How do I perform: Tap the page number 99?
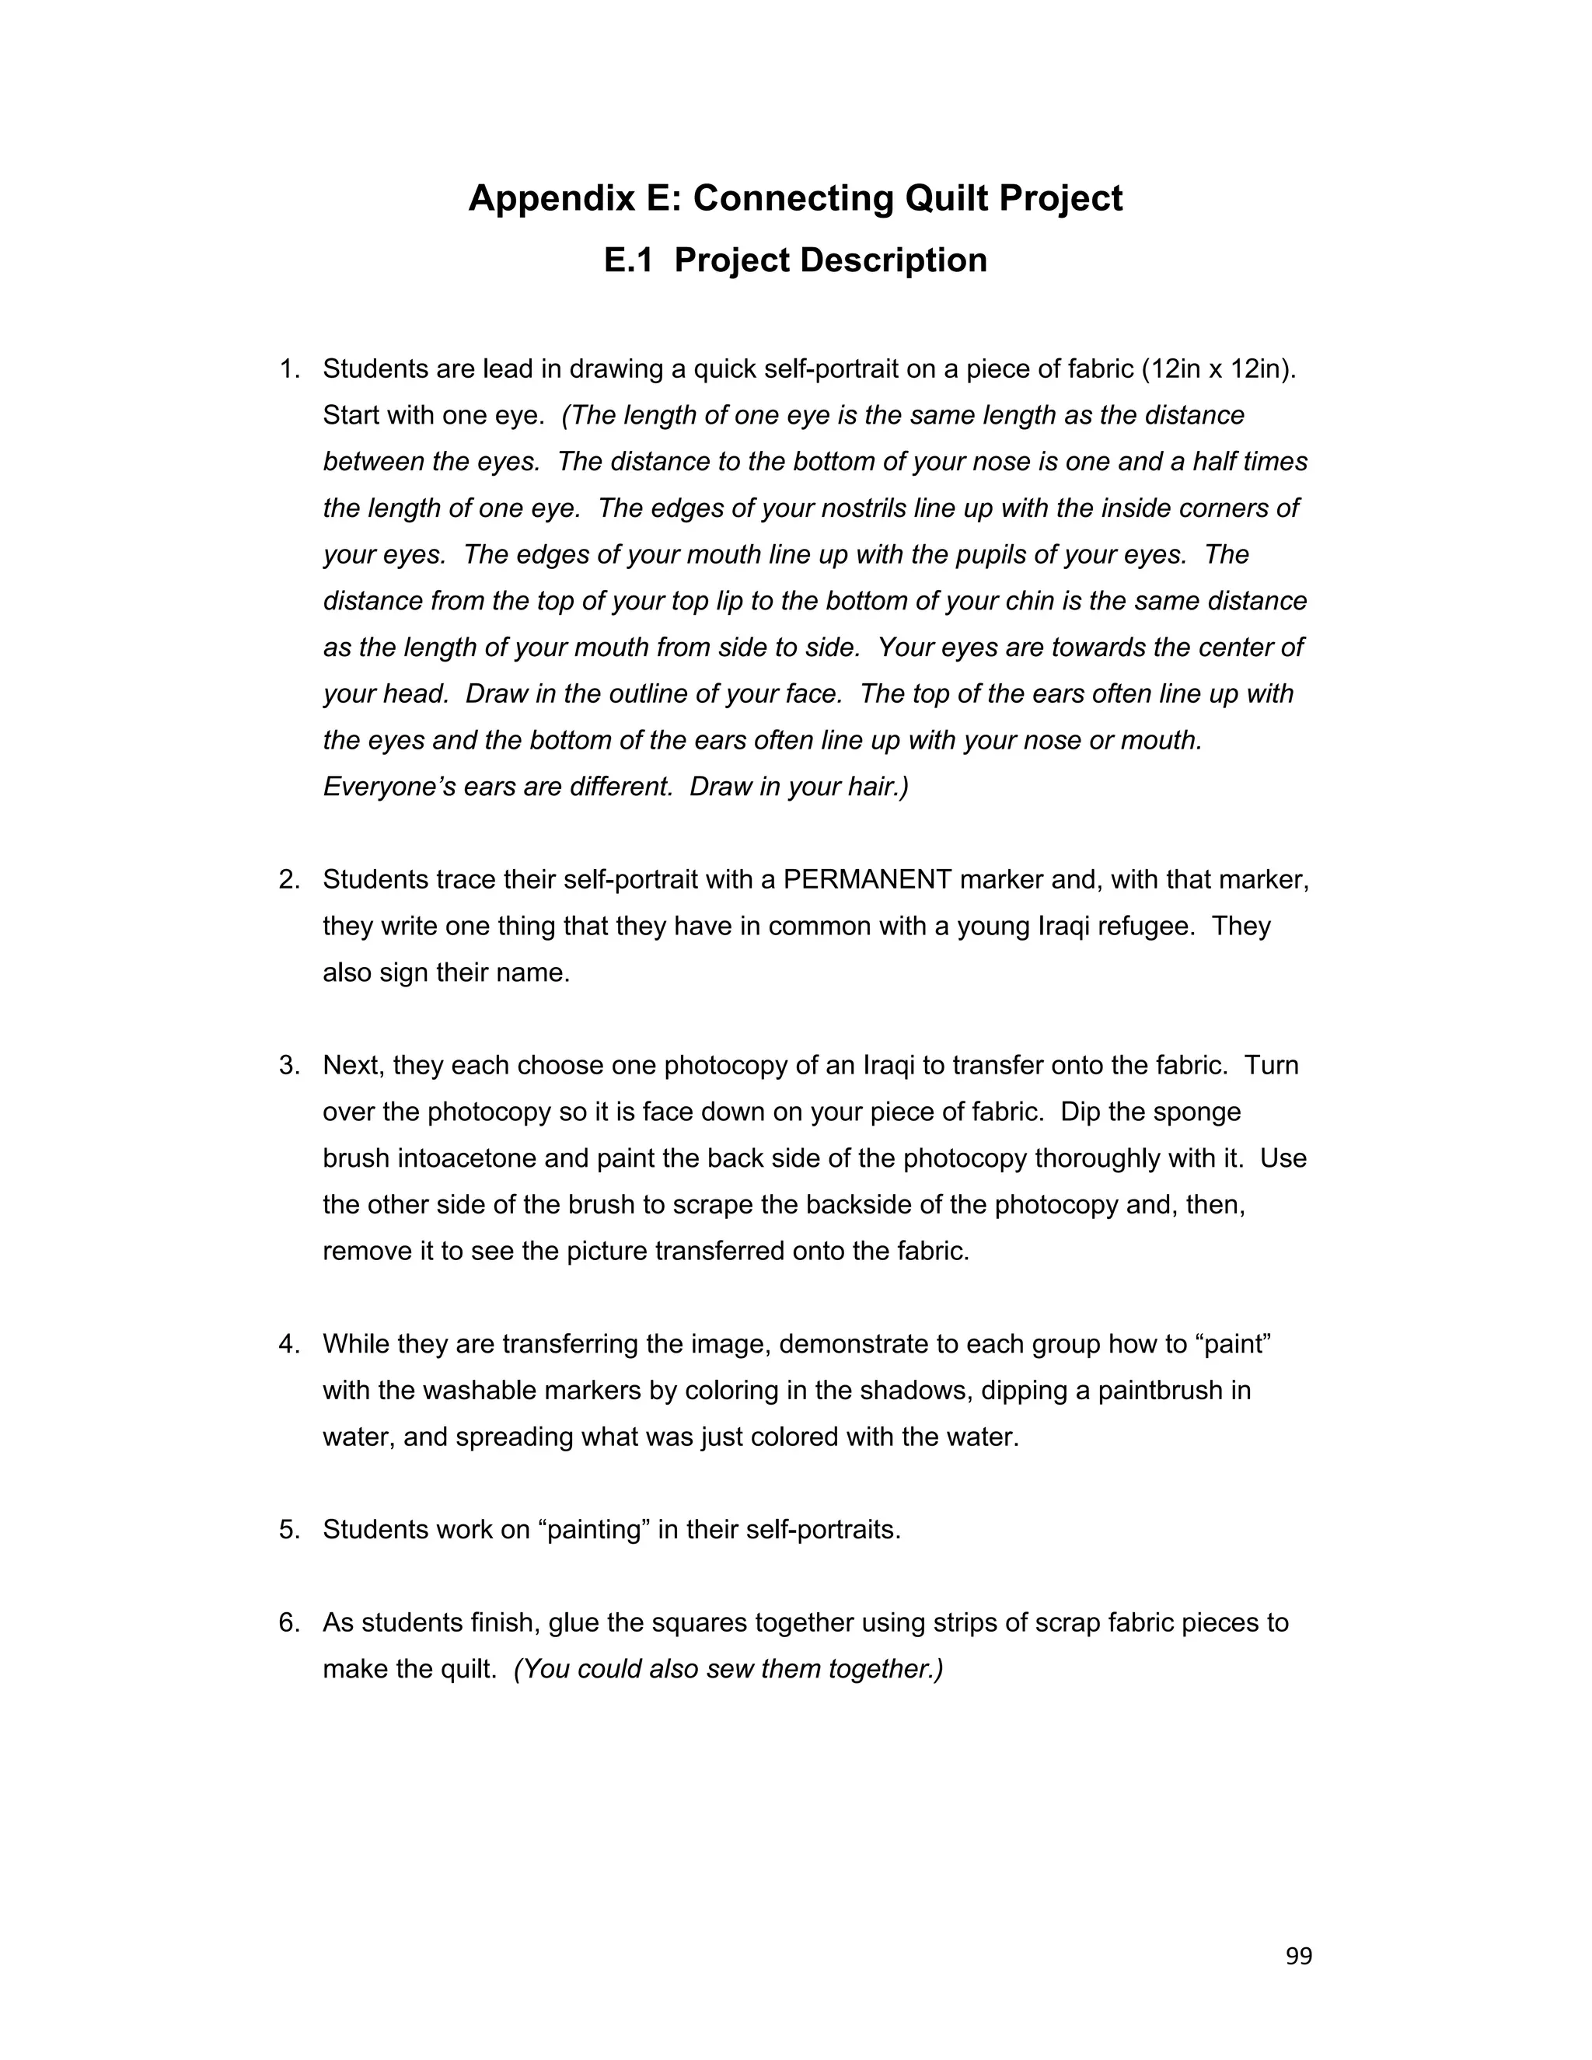(x=1299, y=1957)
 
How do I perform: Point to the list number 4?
(x=288, y=1344)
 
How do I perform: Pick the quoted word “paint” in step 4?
(x=1238, y=1344)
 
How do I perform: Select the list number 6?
(x=288, y=1622)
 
